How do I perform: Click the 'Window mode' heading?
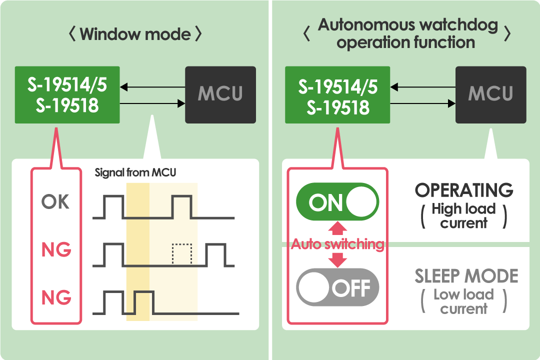tap(135, 34)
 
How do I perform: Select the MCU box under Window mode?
tap(220, 94)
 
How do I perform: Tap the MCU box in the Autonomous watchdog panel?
tap(490, 94)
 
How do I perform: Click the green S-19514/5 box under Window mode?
tap(67, 94)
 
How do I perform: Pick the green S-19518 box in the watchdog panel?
tap(337, 94)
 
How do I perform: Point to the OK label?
tap(55, 202)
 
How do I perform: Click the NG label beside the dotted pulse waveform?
tap(56, 249)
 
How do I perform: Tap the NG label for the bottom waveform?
tap(56, 297)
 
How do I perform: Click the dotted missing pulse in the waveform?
tap(181, 254)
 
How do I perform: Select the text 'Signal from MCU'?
tap(135, 173)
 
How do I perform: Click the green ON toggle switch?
tap(337, 202)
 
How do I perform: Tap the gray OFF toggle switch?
tap(337, 287)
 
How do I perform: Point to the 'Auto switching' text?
tap(337, 244)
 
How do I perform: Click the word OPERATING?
tap(464, 190)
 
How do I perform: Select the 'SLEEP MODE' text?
tap(466, 276)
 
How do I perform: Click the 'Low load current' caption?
tap(463, 301)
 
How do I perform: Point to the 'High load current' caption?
tap(463, 215)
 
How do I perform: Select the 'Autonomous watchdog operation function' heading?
tap(407, 33)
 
